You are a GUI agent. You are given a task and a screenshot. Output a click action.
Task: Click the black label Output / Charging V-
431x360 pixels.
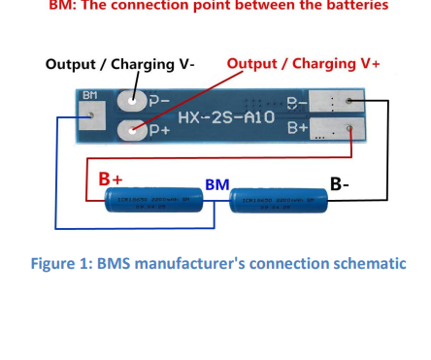click(119, 64)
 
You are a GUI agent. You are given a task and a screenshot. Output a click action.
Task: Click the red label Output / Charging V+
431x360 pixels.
click(303, 63)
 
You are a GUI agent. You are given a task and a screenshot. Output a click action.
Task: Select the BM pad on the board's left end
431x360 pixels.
click(90, 116)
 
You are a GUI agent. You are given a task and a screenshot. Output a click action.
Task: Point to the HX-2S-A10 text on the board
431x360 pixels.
click(225, 116)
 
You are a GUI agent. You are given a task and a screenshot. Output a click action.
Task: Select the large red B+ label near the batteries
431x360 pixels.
click(111, 179)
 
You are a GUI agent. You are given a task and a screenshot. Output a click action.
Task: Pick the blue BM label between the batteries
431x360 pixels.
click(216, 184)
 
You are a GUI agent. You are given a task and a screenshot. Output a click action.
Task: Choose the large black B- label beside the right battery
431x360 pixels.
click(341, 182)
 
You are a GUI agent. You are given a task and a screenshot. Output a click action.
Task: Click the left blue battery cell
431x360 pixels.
click(151, 201)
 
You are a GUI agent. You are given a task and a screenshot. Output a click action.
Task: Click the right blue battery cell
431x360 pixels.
click(278, 201)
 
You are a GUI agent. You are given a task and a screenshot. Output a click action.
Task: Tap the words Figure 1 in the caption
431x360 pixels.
click(62, 263)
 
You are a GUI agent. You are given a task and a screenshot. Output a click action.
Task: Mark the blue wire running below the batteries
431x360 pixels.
click(136, 228)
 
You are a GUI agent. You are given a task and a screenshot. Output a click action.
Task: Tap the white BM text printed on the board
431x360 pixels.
click(90, 96)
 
